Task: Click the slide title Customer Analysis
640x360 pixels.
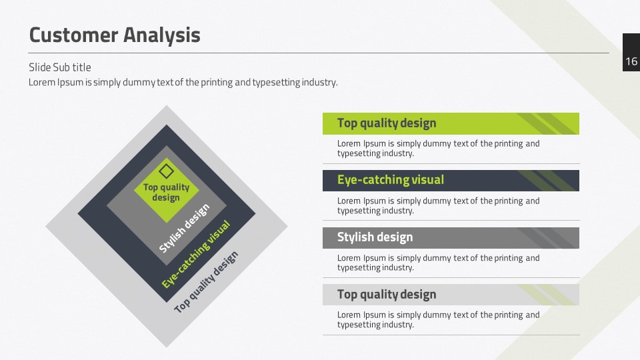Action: click(x=115, y=35)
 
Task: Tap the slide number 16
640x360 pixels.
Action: click(x=631, y=61)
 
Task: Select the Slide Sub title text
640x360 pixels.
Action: click(x=59, y=67)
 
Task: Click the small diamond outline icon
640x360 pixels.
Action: click(x=166, y=171)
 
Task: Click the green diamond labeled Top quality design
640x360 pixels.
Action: click(x=166, y=190)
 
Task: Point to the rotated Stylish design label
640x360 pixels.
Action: click(x=184, y=228)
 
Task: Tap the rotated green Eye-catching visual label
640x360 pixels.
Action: click(x=196, y=254)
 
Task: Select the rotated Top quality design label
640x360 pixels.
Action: click(x=206, y=281)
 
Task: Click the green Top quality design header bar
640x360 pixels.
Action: click(x=451, y=123)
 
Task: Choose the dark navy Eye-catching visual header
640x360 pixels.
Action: click(x=451, y=181)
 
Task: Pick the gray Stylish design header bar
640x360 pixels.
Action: click(x=451, y=237)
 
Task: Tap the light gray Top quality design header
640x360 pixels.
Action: click(x=451, y=295)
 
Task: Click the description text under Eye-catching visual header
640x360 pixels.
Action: click(x=439, y=206)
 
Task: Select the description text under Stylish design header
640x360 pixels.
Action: click(x=439, y=263)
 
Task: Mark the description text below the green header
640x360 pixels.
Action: click(x=439, y=149)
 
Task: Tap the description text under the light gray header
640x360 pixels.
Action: click(x=439, y=319)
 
